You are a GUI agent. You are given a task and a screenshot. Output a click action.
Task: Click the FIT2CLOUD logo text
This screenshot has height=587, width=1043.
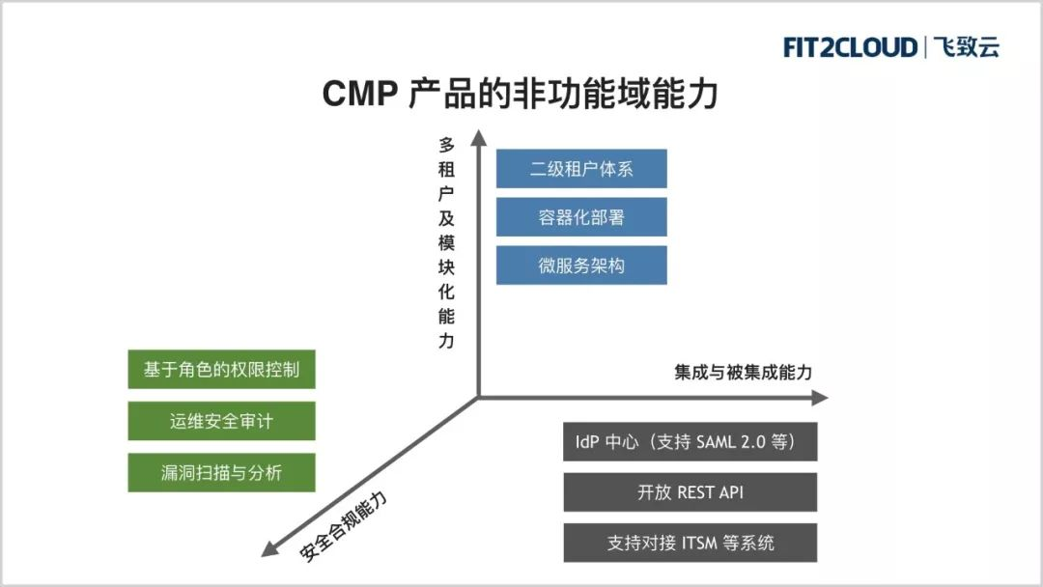(x=850, y=47)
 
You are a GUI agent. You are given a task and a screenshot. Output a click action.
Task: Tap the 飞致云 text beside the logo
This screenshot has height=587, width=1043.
(x=967, y=47)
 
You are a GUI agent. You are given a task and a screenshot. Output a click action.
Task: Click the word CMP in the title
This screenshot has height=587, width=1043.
(x=360, y=93)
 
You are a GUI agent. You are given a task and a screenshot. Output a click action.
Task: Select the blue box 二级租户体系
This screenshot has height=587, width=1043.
(x=581, y=169)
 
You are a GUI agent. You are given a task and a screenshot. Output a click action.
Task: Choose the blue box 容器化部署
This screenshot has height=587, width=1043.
(x=581, y=216)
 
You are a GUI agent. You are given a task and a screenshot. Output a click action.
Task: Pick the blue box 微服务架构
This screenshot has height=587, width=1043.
(x=581, y=266)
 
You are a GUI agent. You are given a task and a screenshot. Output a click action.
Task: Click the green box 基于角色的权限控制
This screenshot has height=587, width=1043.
(x=221, y=369)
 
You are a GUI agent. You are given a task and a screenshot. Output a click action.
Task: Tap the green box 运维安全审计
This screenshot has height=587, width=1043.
(x=221, y=421)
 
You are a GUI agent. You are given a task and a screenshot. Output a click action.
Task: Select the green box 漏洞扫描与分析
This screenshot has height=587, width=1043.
(x=221, y=473)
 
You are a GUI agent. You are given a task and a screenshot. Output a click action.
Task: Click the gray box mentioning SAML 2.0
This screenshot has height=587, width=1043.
(x=691, y=441)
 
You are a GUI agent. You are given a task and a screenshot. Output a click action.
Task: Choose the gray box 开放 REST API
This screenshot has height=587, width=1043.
(x=691, y=492)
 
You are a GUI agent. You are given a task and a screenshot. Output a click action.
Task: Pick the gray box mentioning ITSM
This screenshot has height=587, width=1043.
(x=691, y=543)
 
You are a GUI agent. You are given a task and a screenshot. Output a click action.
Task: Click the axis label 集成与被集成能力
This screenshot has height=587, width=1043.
(x=743, y=373)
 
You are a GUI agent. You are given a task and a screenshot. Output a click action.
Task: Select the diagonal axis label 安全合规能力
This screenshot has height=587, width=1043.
(x=343, y=526)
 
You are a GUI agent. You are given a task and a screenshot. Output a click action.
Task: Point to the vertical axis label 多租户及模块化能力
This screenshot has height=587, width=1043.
(x=446, y=242)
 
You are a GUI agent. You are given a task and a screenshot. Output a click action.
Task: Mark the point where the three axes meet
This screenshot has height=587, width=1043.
(x=478, y=398)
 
